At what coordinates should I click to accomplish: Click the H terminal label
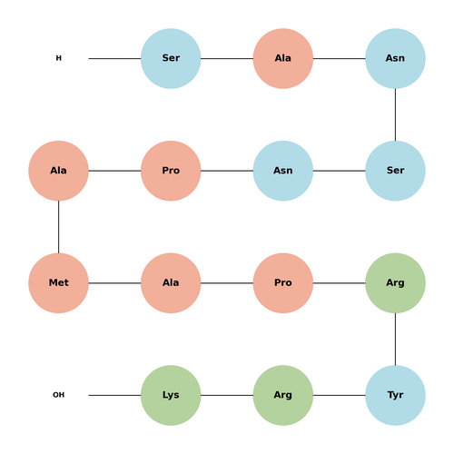tap(59, 58)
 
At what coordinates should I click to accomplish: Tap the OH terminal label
tap(59, 395)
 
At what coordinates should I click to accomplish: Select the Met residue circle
tap(59, 283)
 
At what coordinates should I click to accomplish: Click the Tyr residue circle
tap(395, 395)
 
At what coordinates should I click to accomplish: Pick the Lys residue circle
tap(171, 395)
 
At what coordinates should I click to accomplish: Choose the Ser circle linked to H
tap(171, 58)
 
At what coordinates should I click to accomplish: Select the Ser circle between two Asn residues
tap(395, 171)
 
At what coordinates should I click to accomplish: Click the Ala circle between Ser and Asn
tap(283, 58)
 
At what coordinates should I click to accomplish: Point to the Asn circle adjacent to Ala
tap(395, 58)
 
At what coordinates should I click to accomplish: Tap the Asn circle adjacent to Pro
tap(283, 171)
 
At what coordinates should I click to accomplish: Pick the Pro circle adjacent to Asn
tap(171, 171)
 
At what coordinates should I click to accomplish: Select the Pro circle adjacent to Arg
tap(283, 283)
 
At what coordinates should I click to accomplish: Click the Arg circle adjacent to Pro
tap(395, 283)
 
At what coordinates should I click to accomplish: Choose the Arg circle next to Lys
tap(283, 395)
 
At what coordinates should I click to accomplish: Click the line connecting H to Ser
tap(114, 58)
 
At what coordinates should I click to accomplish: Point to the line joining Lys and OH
tap(114, 395)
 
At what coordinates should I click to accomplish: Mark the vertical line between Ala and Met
tap(59, 227)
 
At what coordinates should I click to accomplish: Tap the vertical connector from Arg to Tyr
tap(395, 339)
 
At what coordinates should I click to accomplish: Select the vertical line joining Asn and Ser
tap(395, 114)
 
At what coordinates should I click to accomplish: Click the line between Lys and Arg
tap(227, 395)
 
